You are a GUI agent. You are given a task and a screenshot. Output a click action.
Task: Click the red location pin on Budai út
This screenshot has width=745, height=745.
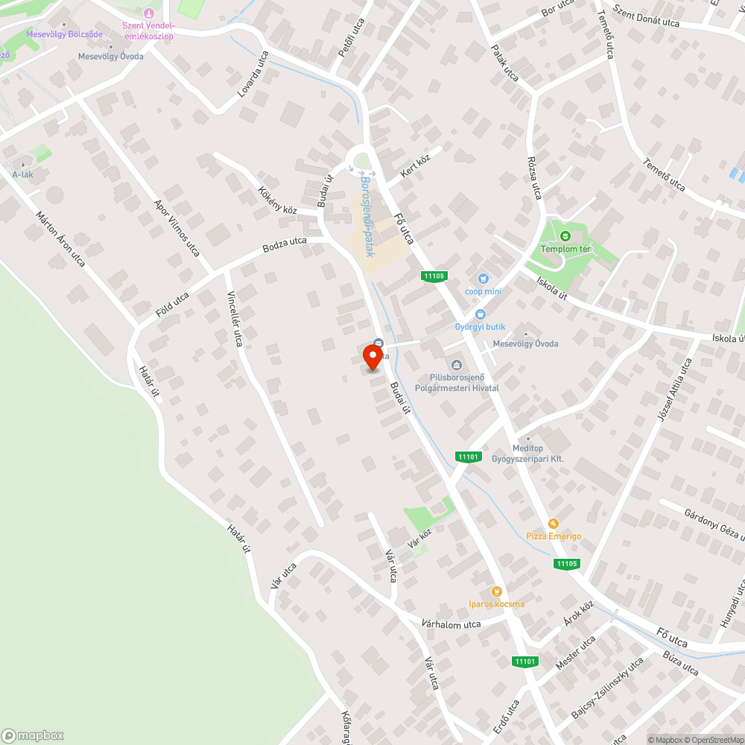[x=372, y=358]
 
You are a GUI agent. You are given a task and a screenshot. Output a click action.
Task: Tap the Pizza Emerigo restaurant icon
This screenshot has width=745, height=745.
[x=553, y=524]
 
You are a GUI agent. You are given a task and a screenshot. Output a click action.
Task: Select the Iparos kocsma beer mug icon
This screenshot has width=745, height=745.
[x=496, y=591]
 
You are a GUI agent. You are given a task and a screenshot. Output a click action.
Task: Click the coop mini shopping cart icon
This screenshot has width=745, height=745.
[x=484, y=278]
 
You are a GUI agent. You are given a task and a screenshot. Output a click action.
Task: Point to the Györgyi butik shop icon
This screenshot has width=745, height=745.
[x=480, y=314]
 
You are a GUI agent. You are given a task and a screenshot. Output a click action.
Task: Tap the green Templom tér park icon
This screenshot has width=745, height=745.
[x=565, y=236]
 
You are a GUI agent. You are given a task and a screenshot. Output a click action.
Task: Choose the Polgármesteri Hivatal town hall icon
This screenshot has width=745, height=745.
[x=456, y=364]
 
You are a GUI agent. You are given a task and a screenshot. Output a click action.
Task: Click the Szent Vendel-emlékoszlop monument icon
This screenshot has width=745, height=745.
[x=149, y=12]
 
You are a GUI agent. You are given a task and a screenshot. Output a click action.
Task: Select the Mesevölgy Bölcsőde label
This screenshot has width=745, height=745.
[x=64, y=34]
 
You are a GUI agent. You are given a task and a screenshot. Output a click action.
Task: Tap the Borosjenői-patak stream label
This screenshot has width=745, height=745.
[x=367, y=216]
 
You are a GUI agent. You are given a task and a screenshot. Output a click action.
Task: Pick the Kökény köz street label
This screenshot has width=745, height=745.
[x=278, y=200]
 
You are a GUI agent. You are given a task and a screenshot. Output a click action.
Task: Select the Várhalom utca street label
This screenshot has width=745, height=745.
[x=451, y=623]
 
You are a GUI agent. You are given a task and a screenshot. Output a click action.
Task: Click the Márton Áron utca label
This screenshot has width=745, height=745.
[x=60, y=238]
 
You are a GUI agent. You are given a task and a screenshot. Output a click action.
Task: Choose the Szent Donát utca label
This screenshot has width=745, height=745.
[x=646, y=16]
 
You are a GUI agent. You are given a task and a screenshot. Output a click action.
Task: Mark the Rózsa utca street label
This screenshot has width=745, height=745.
[x=535, y=177]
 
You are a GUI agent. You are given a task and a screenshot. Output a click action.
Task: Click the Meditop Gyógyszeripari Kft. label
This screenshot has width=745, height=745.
[x=527, y=454]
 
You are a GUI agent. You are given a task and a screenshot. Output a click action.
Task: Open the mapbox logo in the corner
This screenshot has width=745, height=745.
[x=34, y=735]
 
